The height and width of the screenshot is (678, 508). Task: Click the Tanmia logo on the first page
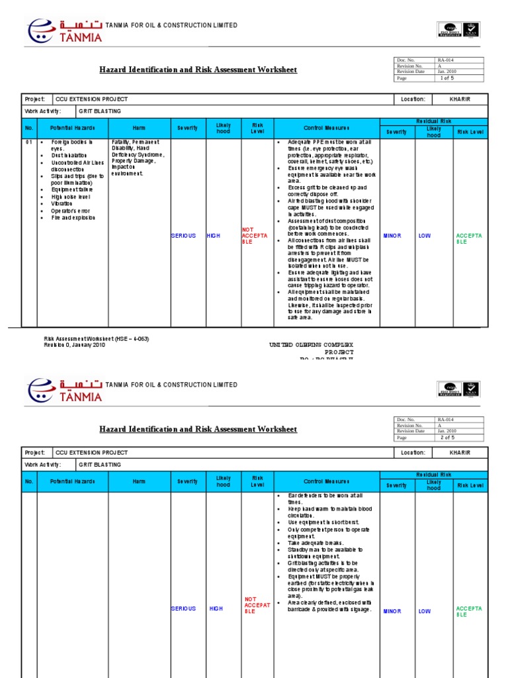64,30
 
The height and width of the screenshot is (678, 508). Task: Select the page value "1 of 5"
450,78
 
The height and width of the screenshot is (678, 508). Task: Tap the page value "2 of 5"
450,438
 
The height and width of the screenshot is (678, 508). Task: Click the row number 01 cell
28,142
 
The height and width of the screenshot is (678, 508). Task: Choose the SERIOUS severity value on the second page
183,608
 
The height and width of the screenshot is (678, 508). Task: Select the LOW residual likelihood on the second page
425,612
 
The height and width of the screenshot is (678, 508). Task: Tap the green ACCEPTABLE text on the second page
469,612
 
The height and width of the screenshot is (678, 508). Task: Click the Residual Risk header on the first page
433,122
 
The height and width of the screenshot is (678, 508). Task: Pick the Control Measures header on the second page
327,481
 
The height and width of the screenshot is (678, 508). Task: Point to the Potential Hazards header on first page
72,128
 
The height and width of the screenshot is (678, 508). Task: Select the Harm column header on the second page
139,481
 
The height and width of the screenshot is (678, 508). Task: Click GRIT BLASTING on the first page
100,111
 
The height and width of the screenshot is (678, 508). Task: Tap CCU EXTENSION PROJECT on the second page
92,453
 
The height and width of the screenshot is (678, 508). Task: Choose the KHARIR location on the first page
460,99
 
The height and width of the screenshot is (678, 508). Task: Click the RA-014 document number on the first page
446,60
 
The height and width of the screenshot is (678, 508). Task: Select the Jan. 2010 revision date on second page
446,431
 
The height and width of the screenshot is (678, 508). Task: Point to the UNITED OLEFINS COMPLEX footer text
311,345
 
